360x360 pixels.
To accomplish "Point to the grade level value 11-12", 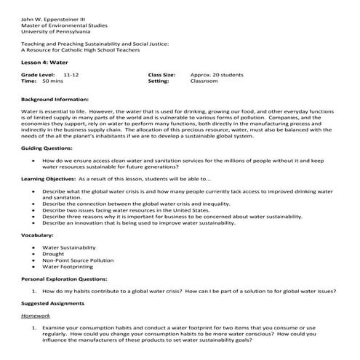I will coord(71,75).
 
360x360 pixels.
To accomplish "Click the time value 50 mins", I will coord(52,81).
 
